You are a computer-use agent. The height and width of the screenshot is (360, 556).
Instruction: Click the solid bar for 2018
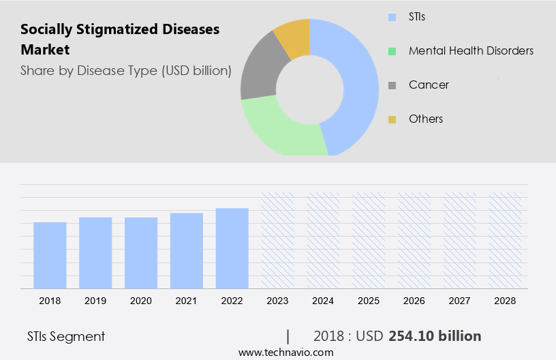50,255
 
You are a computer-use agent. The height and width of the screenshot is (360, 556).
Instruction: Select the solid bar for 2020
141,253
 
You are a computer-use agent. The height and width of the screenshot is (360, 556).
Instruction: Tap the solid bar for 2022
232,248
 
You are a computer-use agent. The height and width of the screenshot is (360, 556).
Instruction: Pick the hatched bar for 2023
278,240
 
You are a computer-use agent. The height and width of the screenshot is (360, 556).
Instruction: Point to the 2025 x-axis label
369,301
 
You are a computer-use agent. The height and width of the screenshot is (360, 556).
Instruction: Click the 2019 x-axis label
95,301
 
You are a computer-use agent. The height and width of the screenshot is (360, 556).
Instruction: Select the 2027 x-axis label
461,301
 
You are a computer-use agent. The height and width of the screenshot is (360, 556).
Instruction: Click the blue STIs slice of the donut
358,82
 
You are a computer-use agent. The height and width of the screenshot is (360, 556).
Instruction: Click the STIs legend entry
416,16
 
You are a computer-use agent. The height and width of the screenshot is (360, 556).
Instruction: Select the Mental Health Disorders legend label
471,50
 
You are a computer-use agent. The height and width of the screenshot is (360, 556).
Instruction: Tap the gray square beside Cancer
392,85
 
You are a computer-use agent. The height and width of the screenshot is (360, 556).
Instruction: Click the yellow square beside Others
392,119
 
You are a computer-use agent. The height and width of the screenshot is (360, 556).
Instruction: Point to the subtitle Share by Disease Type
125,70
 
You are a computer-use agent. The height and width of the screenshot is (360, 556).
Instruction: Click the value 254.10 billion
435,336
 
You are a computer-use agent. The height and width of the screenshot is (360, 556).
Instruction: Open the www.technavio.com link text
285,352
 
